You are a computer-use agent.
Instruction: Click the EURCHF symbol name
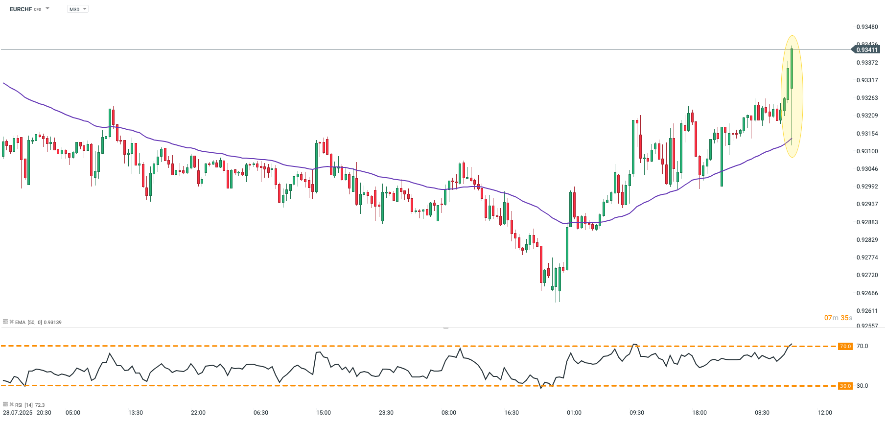click(21, 9)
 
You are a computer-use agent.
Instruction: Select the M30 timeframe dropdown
click(77, 9)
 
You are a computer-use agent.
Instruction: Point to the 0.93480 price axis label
click(867, 27)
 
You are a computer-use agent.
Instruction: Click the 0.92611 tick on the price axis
click(867, 311)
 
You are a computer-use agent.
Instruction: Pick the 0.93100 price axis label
click(867, 151)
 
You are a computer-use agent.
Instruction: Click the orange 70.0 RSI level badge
click(845, 346)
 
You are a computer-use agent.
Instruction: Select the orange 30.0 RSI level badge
click(845, 386)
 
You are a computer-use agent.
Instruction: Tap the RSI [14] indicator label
click(24, 405)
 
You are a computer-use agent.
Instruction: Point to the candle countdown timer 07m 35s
click(838, 318)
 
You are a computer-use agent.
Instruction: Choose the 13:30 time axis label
click(136, 413)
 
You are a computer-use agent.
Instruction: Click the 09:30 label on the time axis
click(637, 413)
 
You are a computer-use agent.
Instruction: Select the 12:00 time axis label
click(825, 413)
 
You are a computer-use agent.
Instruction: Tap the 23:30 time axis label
click(386, 413)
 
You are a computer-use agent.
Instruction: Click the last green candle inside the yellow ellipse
click(792, 69)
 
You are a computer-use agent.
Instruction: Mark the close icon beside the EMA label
click(12, 322)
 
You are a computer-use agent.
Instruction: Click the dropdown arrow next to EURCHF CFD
click(47, 9)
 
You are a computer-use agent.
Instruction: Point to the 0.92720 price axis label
click(867, 275)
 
